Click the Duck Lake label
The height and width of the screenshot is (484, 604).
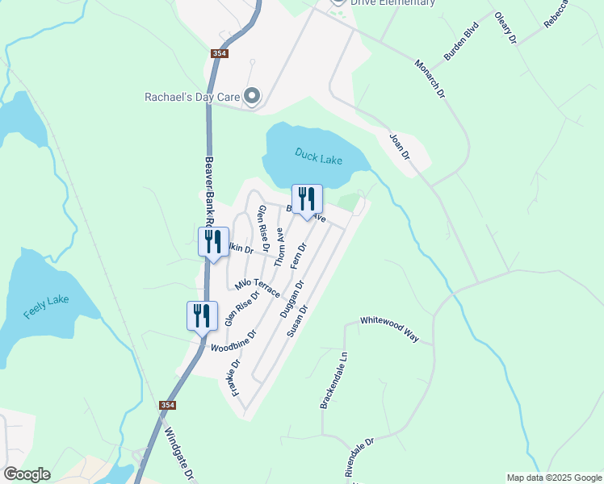click(318, 156)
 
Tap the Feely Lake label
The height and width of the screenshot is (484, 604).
click(46, 307)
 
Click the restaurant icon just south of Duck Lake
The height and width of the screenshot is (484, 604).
click(307, 199)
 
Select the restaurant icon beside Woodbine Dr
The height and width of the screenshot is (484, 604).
click(202, 315)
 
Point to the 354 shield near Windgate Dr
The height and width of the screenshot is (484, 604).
click(167, 405)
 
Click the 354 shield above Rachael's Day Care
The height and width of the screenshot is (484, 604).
click(220, 53)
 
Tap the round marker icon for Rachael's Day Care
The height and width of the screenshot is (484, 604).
click(253, 97)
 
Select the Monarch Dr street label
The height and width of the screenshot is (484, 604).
click(430, 79)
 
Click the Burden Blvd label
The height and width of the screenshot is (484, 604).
click(461, 46)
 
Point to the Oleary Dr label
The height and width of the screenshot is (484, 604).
click(505, 28)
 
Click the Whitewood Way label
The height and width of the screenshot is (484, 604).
click(389, 329)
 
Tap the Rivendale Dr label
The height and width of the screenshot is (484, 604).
click(360, 459)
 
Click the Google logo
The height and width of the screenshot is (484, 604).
click(27, 474)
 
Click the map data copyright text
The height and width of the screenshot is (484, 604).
click(553, 478)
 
